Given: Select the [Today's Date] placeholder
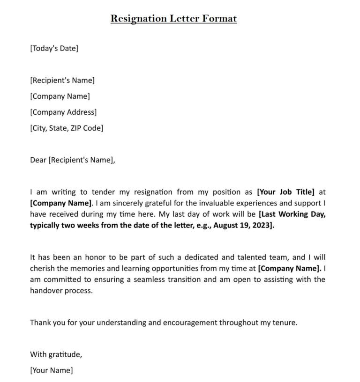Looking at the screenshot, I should click(54, 48).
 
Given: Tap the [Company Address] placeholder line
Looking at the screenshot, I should click(63, 112).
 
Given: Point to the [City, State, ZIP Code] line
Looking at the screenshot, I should click(67, 128).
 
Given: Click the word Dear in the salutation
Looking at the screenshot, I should click(38, 160).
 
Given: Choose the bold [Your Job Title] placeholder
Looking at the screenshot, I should click(286, 191).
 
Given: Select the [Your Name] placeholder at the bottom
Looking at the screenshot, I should click(52, 370).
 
